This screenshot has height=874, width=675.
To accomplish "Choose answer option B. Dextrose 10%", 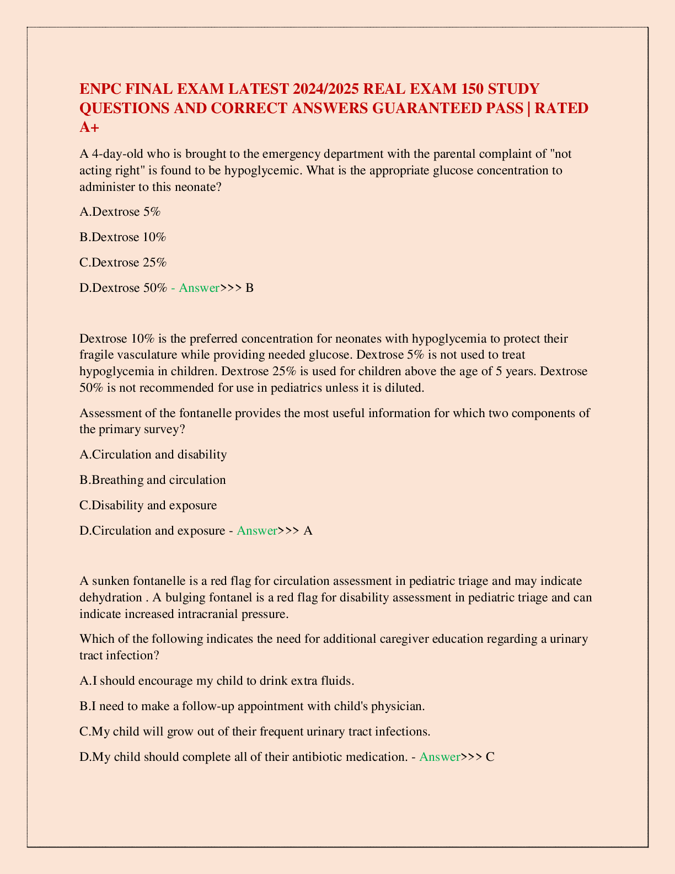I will (x=122, y=237).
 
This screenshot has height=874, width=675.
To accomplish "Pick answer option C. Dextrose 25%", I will (x=122, y=262).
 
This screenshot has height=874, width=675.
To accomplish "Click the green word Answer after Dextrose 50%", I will (x=199, y=288).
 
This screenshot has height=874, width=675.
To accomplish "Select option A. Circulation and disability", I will (x=153, y=455).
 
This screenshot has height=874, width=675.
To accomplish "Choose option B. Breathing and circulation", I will (x=153, y=480).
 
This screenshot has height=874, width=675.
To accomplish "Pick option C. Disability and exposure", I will (x=148, y=505).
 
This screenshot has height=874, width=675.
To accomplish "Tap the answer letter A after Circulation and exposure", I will (x=308, y=531).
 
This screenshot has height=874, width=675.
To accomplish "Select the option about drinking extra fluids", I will (x=217, y=681).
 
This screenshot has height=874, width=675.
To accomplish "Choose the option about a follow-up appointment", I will (x=252, y=706).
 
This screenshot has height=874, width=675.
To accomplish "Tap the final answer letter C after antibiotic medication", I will (x=490, y=757).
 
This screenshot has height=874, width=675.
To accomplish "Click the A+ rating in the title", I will (x=89, y=127).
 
